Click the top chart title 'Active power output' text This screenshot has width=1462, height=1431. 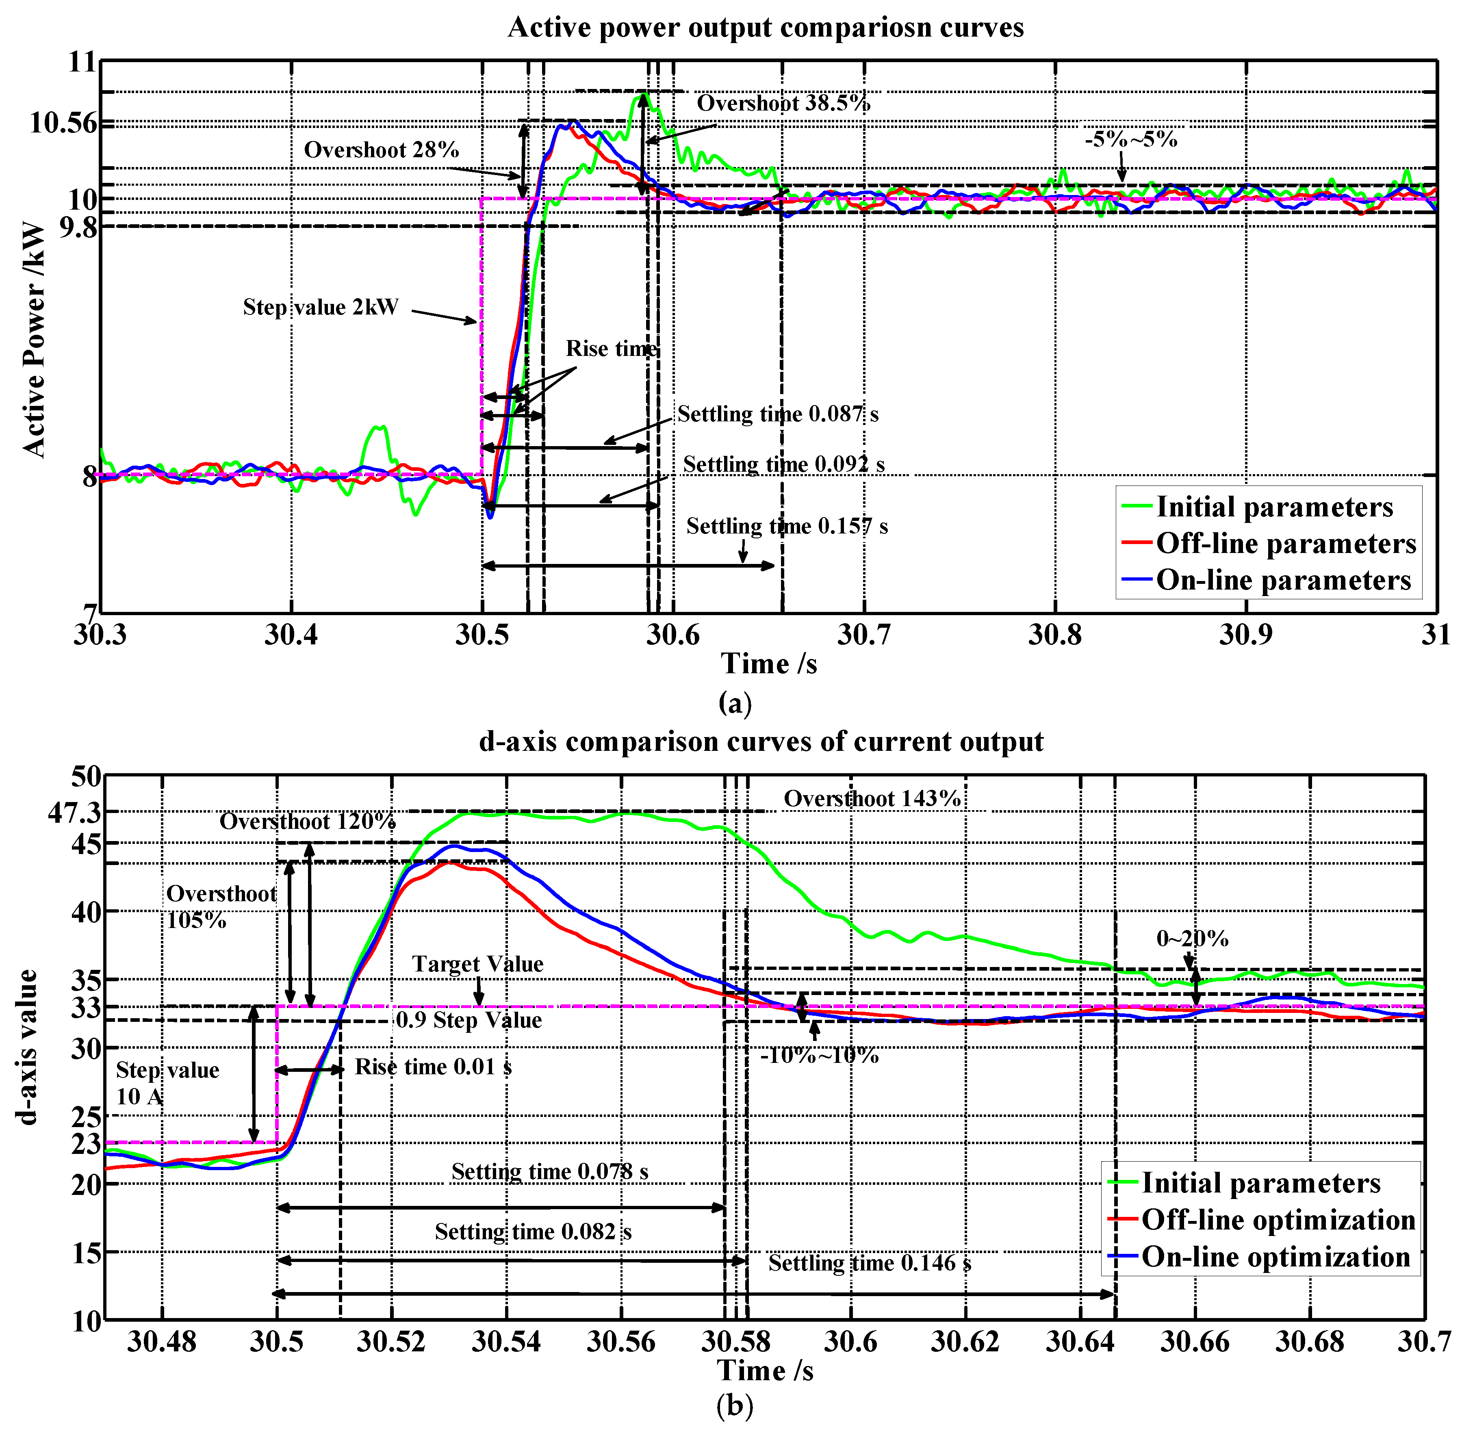765,28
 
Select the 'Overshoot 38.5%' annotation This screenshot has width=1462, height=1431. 783,103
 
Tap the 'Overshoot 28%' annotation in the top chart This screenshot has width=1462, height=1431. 381,150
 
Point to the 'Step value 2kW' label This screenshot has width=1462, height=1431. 320,308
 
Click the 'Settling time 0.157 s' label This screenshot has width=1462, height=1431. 786,526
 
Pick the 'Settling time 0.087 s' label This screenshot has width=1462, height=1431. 777,414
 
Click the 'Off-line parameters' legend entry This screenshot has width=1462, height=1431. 1285,543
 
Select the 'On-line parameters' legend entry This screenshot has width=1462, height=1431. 1283,580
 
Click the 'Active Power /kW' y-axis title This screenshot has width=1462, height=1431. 34,340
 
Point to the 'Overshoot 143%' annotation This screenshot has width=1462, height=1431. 872,799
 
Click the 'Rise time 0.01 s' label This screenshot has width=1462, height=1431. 433,1067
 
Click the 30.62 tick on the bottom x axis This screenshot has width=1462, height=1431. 965,1342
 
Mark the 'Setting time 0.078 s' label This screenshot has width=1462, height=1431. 549,1172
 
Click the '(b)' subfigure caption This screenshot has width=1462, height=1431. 733,1405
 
